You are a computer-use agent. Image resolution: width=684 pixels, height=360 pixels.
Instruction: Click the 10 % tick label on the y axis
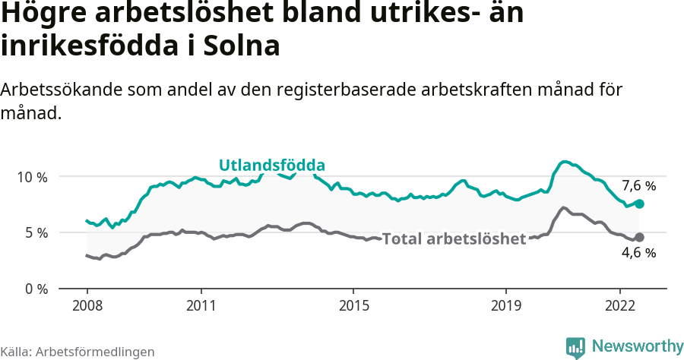(33, 177)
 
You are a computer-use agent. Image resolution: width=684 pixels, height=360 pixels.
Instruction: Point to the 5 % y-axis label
(36, 232)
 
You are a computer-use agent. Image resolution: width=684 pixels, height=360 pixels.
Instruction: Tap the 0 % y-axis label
(36, 289)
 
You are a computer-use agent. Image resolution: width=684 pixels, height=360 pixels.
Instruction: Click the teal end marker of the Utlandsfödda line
(639, 204)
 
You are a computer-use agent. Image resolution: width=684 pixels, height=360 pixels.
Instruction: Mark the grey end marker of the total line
(639, 237)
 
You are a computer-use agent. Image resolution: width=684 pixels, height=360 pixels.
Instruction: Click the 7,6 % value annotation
(638, 185)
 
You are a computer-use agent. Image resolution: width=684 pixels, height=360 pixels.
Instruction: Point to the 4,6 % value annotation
(638, 253)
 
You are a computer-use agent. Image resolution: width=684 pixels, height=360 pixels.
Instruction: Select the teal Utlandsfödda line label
(272, 165)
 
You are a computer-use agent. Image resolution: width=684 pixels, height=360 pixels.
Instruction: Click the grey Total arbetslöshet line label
(454, 239)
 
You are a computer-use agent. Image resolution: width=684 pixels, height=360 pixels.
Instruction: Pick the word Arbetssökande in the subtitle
(55, 89)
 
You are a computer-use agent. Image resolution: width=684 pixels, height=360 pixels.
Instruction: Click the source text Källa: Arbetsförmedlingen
(78, 352)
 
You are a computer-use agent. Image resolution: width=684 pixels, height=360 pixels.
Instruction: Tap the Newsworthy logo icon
(575, 347)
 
